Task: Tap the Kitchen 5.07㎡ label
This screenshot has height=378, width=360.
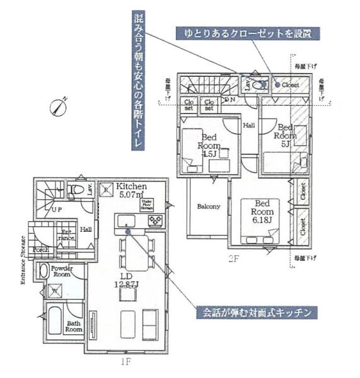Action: point(131,190)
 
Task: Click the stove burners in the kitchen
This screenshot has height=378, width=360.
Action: point(155,221)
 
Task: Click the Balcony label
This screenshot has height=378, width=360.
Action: point(208,206)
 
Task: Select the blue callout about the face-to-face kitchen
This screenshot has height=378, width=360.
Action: point(255,312)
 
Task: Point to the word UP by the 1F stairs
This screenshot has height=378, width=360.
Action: point(57,209)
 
